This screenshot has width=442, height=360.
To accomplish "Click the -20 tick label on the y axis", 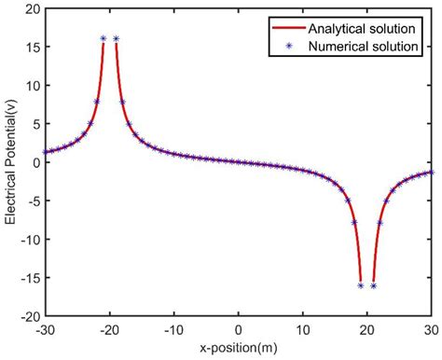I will pos(27,315).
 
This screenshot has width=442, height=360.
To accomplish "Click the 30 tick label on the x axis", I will pos(431,330).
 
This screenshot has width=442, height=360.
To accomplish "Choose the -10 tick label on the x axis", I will pos(173,330).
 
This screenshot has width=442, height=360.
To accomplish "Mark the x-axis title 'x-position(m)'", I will pos(238,347).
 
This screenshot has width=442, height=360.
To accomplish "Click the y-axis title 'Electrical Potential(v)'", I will pos(10,162).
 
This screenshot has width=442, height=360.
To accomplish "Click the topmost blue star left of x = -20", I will pos(104,39).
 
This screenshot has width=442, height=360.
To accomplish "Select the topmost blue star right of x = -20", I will pos(117,39).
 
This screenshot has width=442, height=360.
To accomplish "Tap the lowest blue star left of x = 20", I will pos(360,285).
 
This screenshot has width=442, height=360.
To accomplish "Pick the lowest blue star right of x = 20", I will pos(373,285).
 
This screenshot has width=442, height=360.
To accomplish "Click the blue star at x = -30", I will pos(45,151).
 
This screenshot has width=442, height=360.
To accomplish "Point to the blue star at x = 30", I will pos(431,173).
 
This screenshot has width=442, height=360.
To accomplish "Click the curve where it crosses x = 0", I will pos(238,162).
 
